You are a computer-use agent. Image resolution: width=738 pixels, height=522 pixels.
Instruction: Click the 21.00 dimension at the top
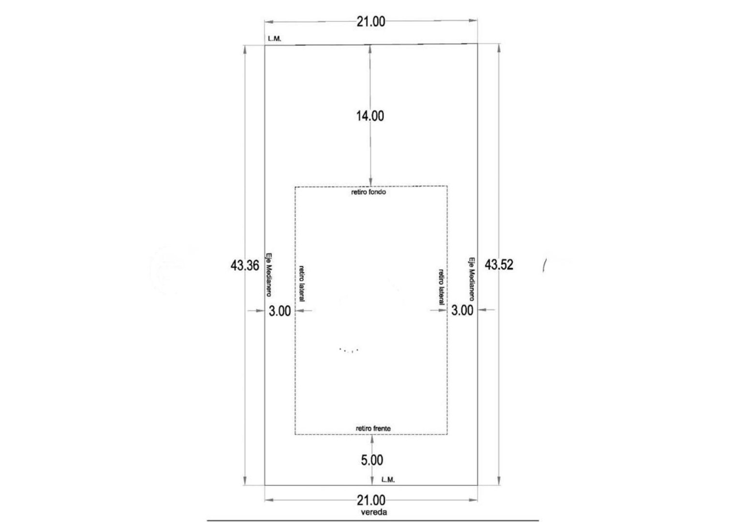[x=370, y=22]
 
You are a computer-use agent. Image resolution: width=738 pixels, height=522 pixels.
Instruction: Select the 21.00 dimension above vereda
[x=370, y=500]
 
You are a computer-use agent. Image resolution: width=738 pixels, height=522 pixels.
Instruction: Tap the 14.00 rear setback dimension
[x=370, y=116]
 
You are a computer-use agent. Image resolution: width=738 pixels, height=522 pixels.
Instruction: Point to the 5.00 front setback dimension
[x=372, y=460]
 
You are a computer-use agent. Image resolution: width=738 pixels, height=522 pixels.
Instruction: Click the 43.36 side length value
[x=245, y=265]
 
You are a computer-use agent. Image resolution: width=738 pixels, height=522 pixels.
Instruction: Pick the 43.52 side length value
[x=499, y=264]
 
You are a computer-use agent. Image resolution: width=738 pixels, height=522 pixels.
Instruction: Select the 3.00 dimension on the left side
[x=280, y=311]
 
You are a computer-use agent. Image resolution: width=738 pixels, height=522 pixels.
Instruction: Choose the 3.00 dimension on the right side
[x=462, y=310]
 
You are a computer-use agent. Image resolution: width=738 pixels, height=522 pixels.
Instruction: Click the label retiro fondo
[x=369, y=192]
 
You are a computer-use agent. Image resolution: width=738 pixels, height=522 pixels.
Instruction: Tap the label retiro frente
[x=373, y=428]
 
